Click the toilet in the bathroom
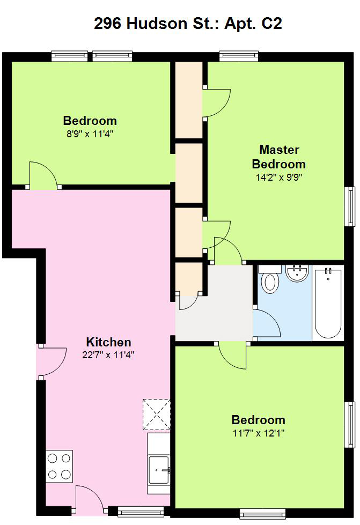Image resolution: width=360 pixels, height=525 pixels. pyautogui.click(x=270, y=279)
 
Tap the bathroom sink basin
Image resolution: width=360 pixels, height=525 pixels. pyautogui.click(x=297, y=273)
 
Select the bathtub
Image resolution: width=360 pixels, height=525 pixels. pyautogui.click(x=328, y=304)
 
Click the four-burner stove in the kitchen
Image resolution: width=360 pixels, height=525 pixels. pyautogui.click(x=59, y=466)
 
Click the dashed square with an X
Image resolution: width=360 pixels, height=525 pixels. pyautogui.click(x=156, y=414)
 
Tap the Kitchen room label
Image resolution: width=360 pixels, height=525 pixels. pyautogui.click(x=108, y=342)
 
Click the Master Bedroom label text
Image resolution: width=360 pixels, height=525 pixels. pyautogui.click(x=279, y=157)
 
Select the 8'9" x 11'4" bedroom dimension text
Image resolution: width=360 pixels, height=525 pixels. pyautogui.click(x=90, y=134)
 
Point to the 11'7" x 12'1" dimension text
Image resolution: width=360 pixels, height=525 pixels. pyautogui.click(x=259, y=433)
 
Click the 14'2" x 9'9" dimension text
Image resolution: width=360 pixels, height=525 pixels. pyautogui.click(x=279, y=177)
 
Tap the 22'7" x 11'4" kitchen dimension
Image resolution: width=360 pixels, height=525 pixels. pyautogui.click(x=108, y=354)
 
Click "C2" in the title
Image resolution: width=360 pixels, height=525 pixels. pyautogui.click(x=271, y=24)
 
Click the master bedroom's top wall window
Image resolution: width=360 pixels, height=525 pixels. pyautogui.click(x=239, y=56)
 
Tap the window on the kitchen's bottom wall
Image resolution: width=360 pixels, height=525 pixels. pyautogui.click(x=141, y=512)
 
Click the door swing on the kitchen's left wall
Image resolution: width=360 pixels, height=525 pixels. pyautogui.click(x=52, y=361)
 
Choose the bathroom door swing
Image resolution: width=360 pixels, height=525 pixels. pyautogui.click(x=267, y=322)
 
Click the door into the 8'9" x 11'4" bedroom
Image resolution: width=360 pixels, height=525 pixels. pyautogui.click(x=43, y=174)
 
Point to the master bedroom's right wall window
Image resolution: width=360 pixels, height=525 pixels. pyautogui.click(x=350, y=206)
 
